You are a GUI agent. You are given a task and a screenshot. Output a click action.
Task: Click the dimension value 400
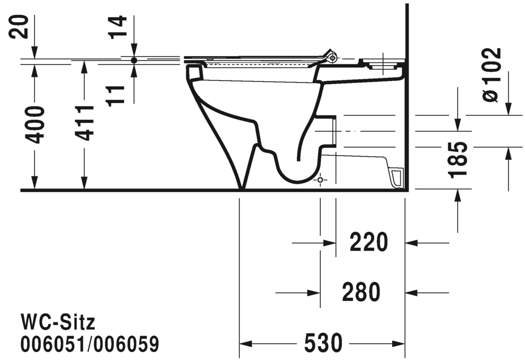35,124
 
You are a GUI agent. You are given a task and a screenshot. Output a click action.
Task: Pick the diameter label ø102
491,74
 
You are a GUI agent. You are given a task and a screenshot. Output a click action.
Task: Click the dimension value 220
369,243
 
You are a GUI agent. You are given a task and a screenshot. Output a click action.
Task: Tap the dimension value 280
361,292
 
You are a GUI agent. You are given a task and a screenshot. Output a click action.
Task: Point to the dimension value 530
322,344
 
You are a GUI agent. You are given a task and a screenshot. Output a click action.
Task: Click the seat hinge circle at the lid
332,57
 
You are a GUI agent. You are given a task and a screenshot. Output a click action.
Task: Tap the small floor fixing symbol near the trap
320,181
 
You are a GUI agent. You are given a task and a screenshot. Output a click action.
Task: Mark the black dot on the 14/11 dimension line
134,60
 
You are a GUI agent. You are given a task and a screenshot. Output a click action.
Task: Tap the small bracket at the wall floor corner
397,177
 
